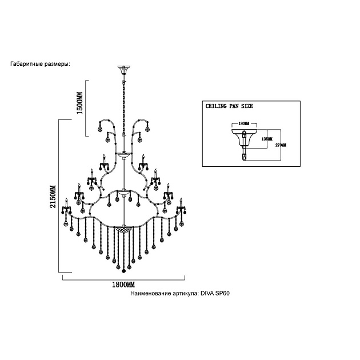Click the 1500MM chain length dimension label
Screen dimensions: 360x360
point(81,104)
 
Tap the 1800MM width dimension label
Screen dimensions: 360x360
point(123,284)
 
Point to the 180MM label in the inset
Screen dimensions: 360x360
point(243,123)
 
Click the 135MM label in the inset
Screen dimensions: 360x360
point(267,139)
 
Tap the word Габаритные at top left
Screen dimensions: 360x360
point(29,64)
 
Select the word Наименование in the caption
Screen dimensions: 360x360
point(147,292)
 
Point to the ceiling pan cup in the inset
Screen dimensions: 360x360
point(243,135)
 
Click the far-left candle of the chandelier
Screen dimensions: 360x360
point(66,202)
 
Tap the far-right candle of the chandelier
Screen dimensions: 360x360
point(181,202)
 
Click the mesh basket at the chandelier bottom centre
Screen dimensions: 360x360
point(123,231)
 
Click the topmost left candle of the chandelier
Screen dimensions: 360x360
point(103,158)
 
